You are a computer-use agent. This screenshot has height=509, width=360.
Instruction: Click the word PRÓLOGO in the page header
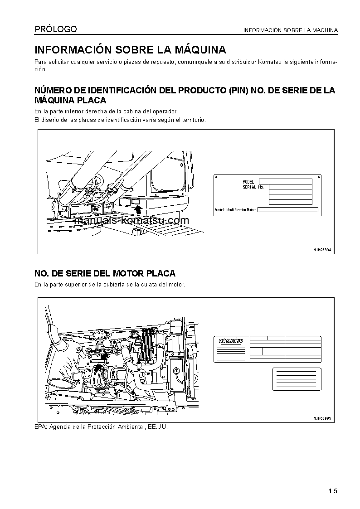[56, 29]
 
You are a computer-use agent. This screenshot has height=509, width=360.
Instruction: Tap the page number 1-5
[333, 491]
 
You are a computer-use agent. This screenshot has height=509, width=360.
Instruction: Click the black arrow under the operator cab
[138, 209]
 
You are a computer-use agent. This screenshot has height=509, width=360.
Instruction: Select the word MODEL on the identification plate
[248, 182]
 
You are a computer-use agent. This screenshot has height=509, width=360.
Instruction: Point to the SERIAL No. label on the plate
[253, 187]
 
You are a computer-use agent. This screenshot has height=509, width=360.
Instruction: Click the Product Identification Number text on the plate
[235, 210]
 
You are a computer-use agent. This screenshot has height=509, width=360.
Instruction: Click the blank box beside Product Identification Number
[287, 210]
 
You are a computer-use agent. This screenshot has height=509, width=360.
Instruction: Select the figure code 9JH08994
[322, 250]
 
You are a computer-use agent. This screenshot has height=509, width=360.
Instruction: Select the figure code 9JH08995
[322, 418]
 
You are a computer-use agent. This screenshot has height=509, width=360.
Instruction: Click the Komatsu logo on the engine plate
[231, 341]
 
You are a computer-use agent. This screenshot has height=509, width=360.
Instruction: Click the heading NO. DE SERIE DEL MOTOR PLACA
[105, 273]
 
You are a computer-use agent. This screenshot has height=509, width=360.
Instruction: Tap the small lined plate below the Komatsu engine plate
[297, 379]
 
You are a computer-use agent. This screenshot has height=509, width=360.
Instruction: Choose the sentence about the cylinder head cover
[110, 284]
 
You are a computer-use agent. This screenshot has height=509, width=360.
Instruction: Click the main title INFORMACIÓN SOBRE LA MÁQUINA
[131, 49]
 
